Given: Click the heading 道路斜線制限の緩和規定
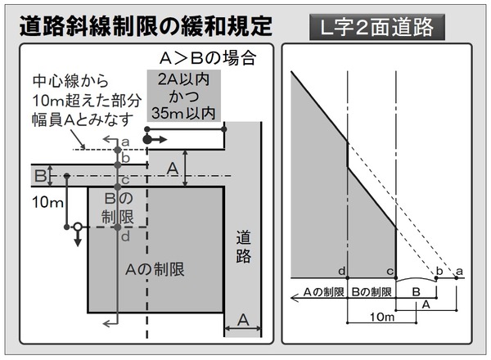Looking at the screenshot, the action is (x=146, y=25).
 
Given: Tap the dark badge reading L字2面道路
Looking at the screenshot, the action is (x=377, y=27).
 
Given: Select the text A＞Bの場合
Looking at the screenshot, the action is (x=208, y=58).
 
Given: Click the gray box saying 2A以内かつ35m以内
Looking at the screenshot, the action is (x=184, y=96).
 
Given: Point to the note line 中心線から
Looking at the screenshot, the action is (x=70, y=81).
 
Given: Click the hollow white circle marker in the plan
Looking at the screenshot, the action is (x=78, y=227).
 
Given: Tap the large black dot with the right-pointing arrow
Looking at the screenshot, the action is (x=146, y=140).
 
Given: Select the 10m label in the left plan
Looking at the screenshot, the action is (x=47, y=203).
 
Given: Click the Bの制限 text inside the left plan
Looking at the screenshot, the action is (x=118, y=208).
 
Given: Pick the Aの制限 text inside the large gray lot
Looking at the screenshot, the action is (x=155, y=269).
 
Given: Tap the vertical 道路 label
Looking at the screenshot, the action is (x=243, y=246).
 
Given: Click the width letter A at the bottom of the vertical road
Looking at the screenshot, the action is (x=243, y=320).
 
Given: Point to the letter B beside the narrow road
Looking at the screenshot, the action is (x=40, y=176).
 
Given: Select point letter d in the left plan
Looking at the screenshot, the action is (x=125, y=236).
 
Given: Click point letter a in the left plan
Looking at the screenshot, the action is (x=125, y=142).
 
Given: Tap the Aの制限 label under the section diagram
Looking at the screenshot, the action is (x=323, y=292).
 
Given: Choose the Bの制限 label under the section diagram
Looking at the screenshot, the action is (x=372, y=292).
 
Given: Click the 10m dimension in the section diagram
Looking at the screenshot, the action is (x=382, y=317).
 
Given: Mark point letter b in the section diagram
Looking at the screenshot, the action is (x=439, y=271).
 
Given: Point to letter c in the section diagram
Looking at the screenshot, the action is (x=390, y=272).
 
